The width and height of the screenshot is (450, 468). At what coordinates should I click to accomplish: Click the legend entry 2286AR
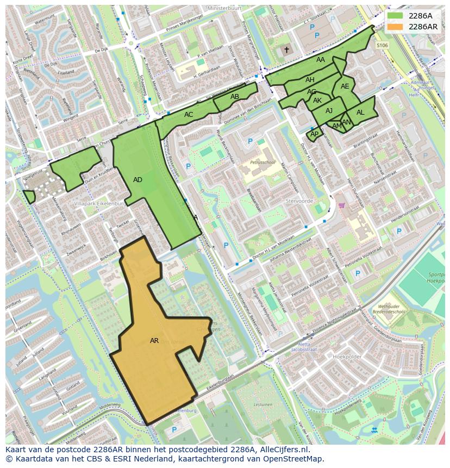(x=423, y=27)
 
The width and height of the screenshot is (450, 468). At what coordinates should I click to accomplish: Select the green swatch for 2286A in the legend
(x=396, y=16)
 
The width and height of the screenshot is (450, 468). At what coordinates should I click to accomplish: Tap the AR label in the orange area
(x=154, y=341)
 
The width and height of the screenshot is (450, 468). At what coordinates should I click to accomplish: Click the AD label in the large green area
(x=137, y=180)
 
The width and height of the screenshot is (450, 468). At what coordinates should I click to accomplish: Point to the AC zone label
(x=189, y=115)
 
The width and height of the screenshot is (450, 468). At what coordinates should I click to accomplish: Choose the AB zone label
(x=235, y=97)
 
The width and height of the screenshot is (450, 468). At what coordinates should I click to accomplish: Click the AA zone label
(x=321, y=60)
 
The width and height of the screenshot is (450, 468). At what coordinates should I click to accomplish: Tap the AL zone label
(x=360, y=113)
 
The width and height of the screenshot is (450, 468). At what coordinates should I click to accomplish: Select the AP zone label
(x=314, y=134)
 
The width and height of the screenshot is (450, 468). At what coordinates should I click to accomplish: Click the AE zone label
(x=345, y=86)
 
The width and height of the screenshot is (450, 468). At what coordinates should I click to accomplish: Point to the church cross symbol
(x=287, y=50)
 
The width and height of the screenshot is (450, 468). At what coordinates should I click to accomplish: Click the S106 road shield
(x=383, y=46)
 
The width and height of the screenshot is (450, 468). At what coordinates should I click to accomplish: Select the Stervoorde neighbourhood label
(x=299, y=201)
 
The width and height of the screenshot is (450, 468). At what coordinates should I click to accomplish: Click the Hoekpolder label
(x=347, y=357)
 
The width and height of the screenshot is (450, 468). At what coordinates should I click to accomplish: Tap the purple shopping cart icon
(x=342, y=205)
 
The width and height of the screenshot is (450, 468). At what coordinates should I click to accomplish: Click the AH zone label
(x=310, y=80)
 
